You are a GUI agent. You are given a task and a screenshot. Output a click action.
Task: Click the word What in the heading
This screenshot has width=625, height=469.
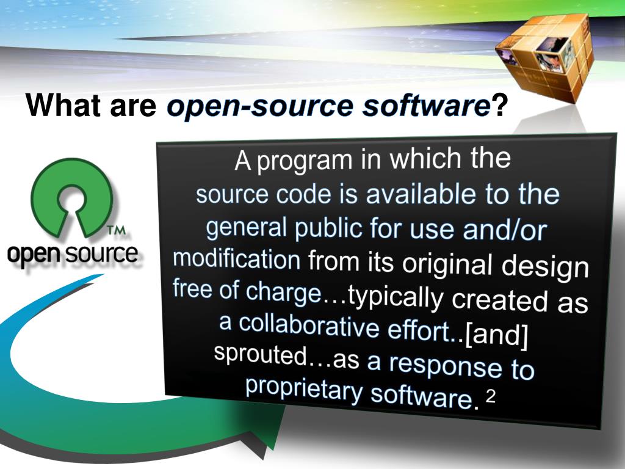point(62,106)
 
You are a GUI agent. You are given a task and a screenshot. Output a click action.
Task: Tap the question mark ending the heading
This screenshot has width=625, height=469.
point(500,106)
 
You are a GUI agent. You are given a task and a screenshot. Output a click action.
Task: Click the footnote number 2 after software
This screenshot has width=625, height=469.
point(490,398)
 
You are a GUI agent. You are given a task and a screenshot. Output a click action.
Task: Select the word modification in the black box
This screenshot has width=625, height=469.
point(237,259)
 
